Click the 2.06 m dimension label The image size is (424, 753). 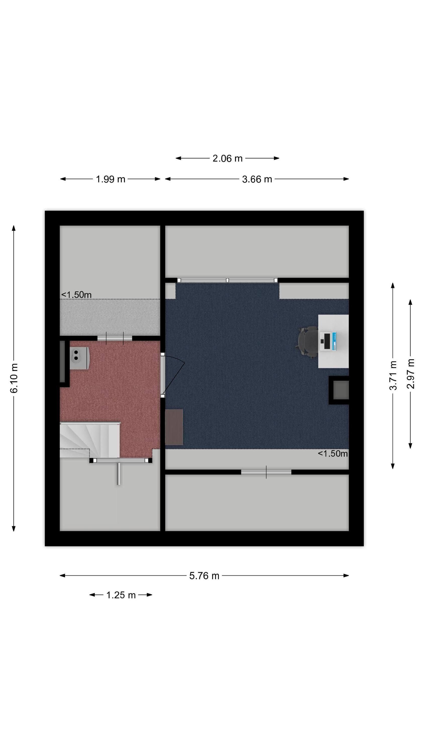(x=227, y=158)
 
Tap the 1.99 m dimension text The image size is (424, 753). (x=110, y=179)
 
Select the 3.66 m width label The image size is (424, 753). (x=257, y=179)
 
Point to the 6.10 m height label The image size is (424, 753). (x=14, y=378)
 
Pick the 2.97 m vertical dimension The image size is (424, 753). (x=410, y=373)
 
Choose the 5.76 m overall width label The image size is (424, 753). (x=204, y=576)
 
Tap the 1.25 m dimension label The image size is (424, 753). (x=121, y=595)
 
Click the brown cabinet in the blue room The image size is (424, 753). (x=174, y=427)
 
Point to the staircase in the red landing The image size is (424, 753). (x=90, y=439)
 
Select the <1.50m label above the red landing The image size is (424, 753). (x=76, y=295)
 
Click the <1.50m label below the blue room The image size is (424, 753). (x=333, y=453)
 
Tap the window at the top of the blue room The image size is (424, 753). (x=227, y=280)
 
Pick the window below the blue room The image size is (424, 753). (x=266, y=472)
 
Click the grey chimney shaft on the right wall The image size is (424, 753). (x=341, y=390)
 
